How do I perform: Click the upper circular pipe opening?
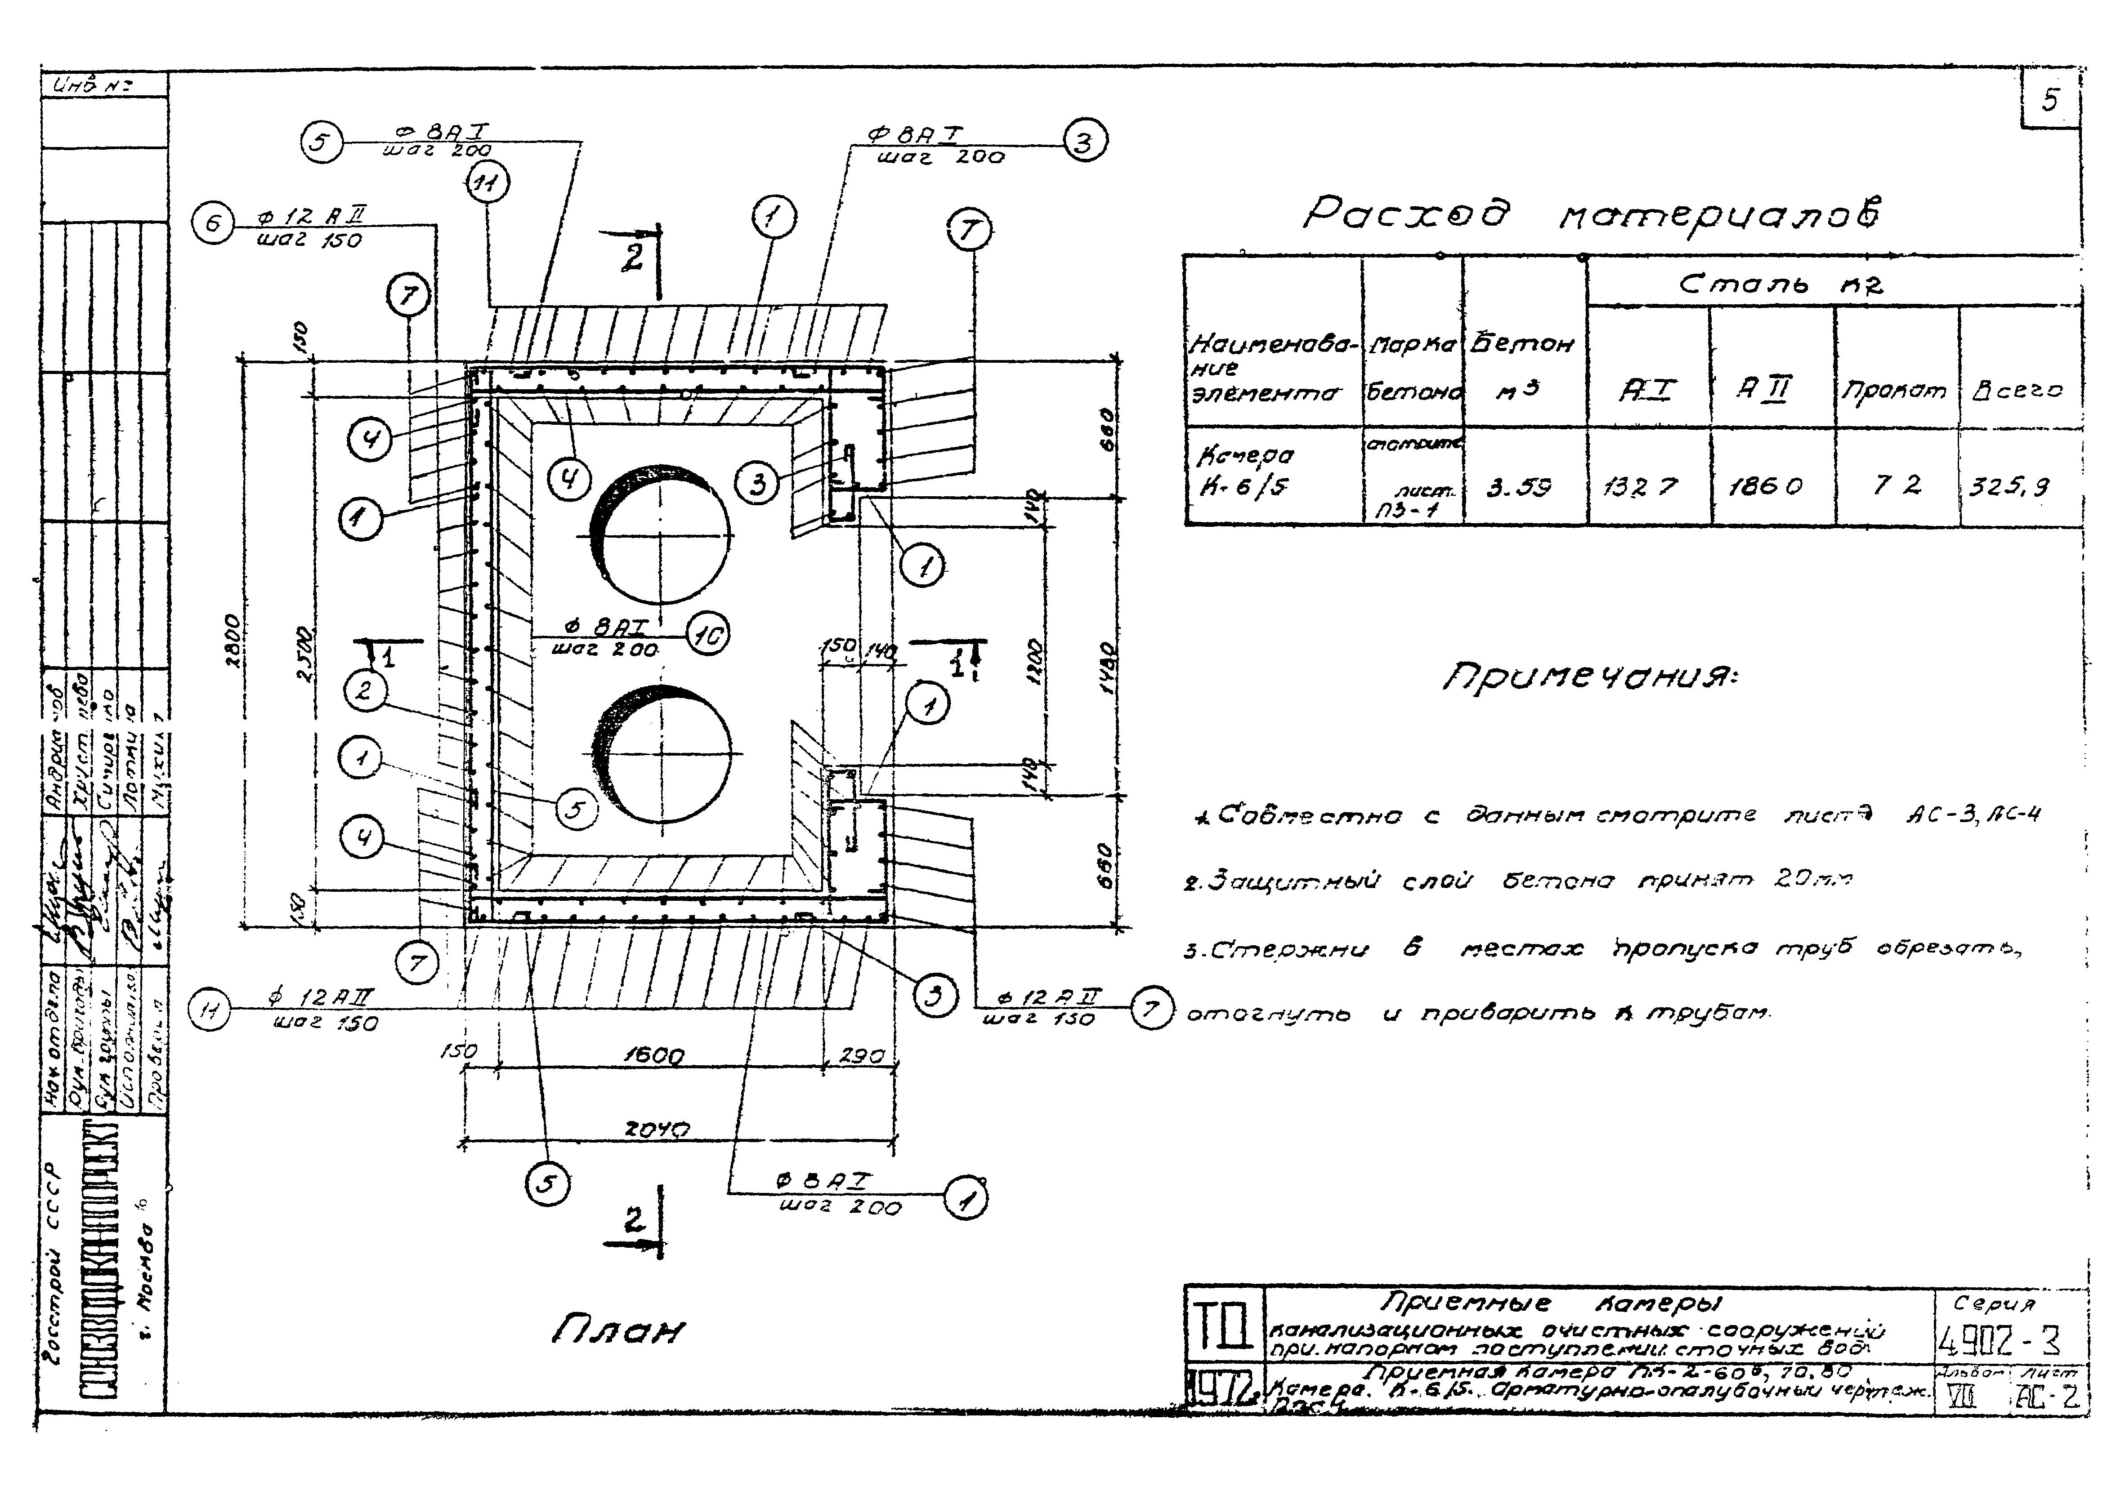[659, 535]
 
